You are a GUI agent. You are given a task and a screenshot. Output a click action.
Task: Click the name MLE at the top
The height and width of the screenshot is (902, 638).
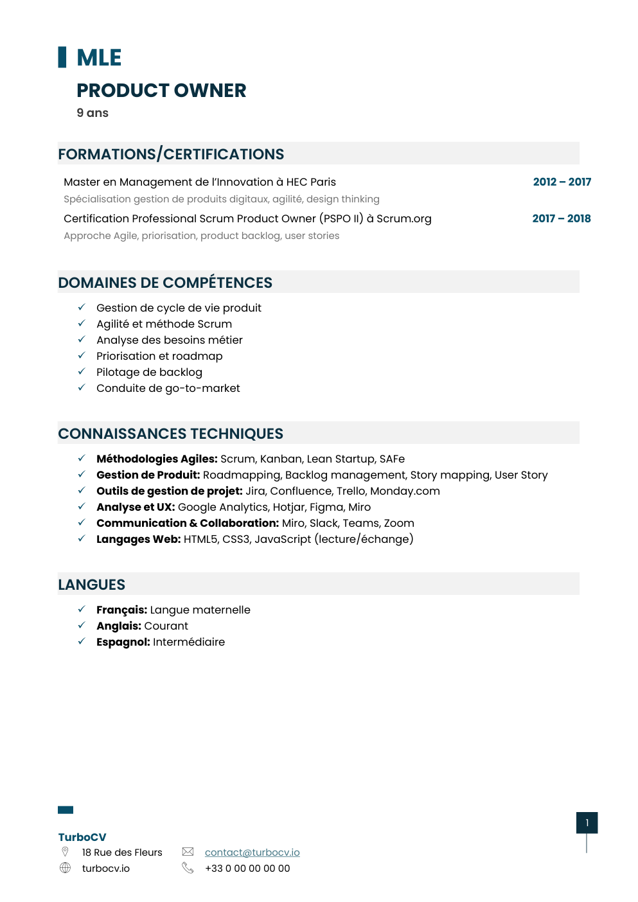[x=98, y=58]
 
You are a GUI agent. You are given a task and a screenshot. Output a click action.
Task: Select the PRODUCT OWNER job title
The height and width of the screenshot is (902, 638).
[x=161, y=91]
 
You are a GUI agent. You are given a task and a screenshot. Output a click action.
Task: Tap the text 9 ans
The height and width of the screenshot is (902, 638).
[x=93, y=113]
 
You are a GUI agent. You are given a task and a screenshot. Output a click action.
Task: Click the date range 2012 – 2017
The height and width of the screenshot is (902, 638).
[x=562, y=182]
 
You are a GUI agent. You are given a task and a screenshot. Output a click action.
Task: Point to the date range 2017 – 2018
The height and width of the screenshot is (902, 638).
[x=561, y=218]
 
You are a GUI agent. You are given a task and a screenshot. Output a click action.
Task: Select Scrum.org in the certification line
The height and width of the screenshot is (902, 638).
[x=403, y=218]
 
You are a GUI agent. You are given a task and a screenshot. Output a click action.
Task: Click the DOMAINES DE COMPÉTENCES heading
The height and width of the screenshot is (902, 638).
[x=165, y=283]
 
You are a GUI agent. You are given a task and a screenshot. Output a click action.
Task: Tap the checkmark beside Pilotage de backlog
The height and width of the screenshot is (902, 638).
[x=82, y=371]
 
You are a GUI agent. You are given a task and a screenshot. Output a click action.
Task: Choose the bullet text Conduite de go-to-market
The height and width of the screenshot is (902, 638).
[x=168, y=388]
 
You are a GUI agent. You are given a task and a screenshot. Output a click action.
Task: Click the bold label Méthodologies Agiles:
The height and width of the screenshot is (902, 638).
[x=157, y=459]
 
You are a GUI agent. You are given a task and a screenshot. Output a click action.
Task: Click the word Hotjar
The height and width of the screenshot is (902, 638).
[x=288, y=507]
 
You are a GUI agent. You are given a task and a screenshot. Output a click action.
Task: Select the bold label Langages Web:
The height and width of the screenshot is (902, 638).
[x=138, y=539]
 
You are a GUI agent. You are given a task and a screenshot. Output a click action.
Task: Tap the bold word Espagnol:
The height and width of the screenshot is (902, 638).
[x=123, y=642]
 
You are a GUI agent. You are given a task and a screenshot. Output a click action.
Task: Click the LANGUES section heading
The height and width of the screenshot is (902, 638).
[x=92, y=585]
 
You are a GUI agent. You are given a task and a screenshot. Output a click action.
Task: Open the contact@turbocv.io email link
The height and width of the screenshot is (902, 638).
[x=252, y=852]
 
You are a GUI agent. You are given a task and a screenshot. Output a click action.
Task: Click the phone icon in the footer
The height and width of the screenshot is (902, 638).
[x=188, y=868]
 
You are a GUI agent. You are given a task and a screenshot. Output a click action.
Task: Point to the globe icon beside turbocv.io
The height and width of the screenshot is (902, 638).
[x=65, y=868]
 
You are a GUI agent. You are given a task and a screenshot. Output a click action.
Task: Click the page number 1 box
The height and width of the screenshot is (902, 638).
[x=587, y=822]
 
